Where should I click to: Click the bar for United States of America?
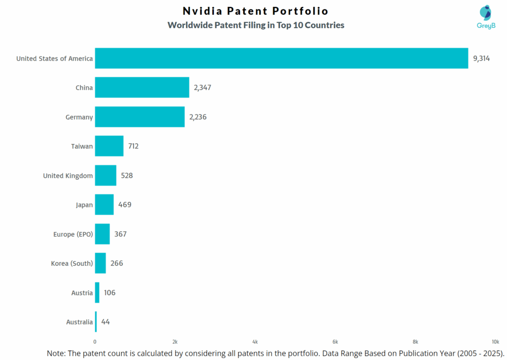[x=281, y=58]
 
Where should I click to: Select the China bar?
[x=142, y=88]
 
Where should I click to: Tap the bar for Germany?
[x=140, y=117]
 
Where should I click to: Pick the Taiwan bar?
[x=109, y=146]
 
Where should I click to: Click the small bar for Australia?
[x=96, y=322]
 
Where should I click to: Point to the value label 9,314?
[x=481, y=58]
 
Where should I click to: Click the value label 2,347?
[x=203, y=88]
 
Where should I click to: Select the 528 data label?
[x=127, y=175]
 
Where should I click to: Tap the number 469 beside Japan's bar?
[x=124, y=205]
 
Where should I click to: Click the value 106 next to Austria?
[x=109, y=293]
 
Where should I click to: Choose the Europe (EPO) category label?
[x=73, y=234]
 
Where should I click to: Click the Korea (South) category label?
[x=72, y=263]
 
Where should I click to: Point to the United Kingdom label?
[x=68, y=176]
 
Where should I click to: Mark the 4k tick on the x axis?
[x=255, y=342]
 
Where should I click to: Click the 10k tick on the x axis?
[x=495, y=342]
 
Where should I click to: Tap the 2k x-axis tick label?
[x=175, y=342]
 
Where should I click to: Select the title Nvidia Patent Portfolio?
[x=255, y=11]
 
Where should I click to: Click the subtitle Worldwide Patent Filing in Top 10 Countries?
[x=255, y=25]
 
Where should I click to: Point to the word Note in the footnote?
[x=56, y=353]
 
